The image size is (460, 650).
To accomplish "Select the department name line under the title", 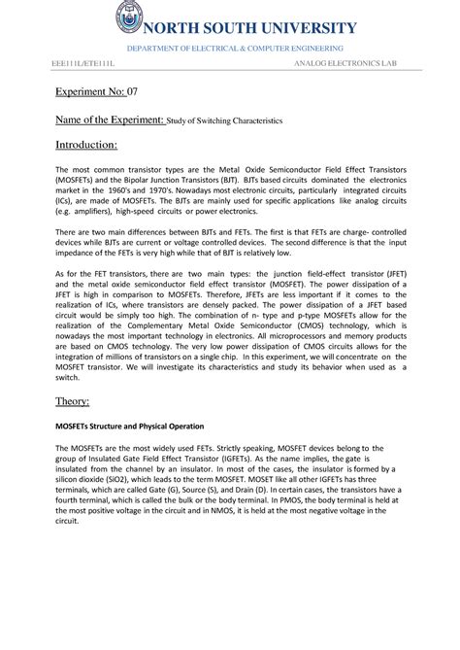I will click(229, 48).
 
